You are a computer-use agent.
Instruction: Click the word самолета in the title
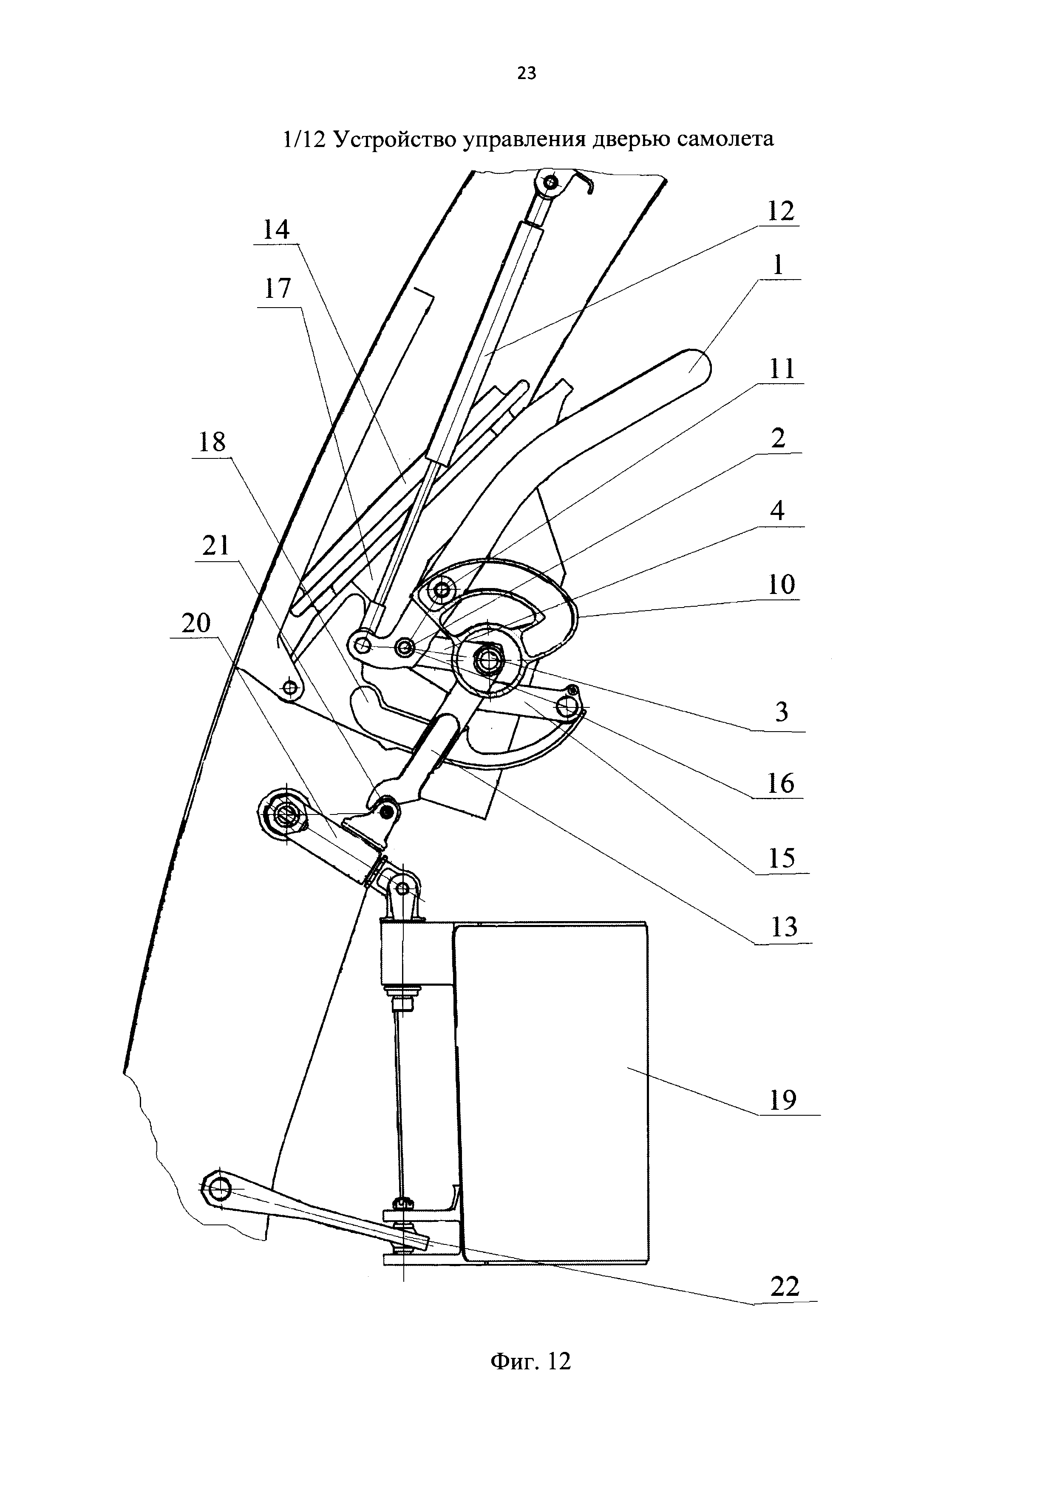pos(725,138)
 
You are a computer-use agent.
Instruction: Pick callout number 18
pos(212,443)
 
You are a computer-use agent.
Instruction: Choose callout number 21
pos(216,546)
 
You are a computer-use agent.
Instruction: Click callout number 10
pos(782,585)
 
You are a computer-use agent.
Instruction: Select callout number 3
pos(782,712)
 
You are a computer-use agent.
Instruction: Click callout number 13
pos(783,928)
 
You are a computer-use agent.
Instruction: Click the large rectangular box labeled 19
pos(552,1090)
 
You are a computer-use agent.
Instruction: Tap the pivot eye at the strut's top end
pos(550,184)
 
